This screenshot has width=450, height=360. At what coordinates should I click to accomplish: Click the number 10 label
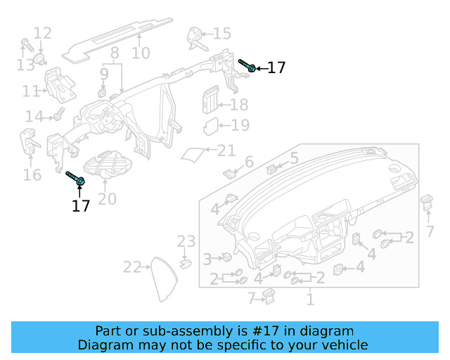pyautogui.click(x=141, y=53)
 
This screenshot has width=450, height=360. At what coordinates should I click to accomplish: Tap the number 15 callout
pyautogui.click(x=221, y=34)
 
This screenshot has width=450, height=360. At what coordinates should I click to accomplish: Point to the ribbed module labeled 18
pyautogui.click(x=210, y=101)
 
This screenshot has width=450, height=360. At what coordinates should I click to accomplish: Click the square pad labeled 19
pyautogui.click(x=211, y=127)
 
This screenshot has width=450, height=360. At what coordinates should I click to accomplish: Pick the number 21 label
pyautogui.click(x=226, y=150)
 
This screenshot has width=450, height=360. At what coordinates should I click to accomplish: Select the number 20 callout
pyautogui.click(x=107, y=199)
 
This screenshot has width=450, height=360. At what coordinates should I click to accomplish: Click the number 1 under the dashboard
pyautogui.click(x=309, y=300)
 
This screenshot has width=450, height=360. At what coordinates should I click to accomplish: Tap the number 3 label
pyautogui.click(x=207, y=259)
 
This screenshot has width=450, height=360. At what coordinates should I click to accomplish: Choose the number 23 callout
pyautogui.click(x=186, y=242)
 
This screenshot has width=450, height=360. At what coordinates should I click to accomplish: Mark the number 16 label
pyautogui.click(x=32, y=174)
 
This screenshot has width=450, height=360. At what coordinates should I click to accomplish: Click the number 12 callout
pyautogui.click(x=42, y=33)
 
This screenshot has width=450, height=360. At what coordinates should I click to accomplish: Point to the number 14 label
pyautogui.click(x=25, y=65)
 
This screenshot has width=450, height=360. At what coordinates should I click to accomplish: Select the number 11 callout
pyautogui.click(x=34, y=116)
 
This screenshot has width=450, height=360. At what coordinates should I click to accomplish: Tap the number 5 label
pyautogui.click(x=294, y=158)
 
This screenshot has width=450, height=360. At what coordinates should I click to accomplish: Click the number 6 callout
pyautogui.click(x=248, y=163)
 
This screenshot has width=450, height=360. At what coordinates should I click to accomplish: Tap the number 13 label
pyautogui.click(x=25, y=65)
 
